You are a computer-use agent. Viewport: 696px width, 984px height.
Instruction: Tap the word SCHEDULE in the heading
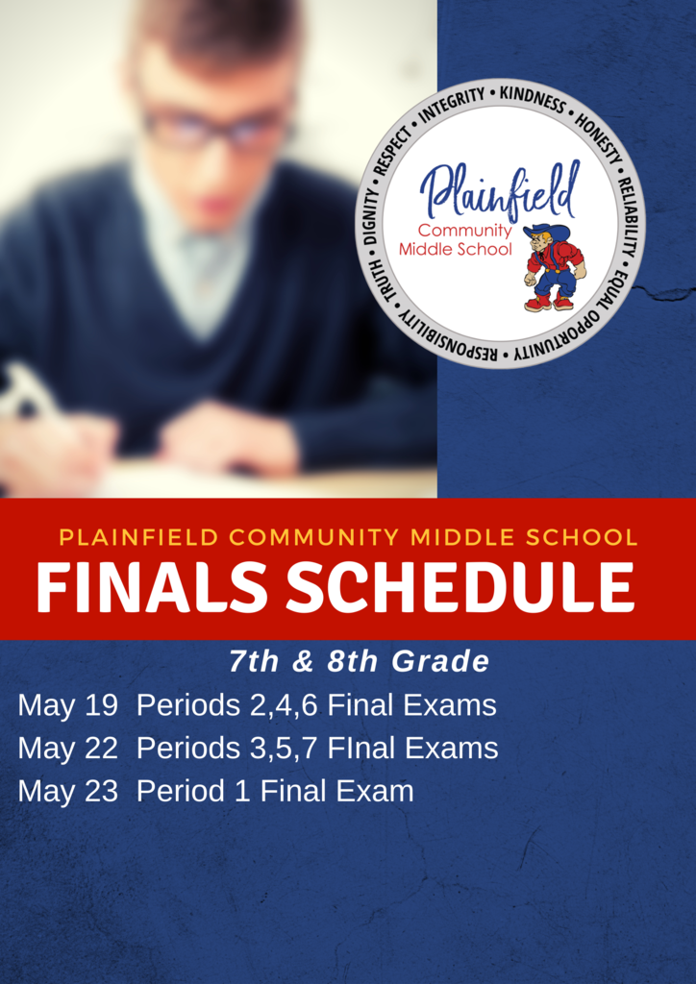coord(460,587)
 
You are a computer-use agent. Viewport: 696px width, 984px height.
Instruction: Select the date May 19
coord(68,706)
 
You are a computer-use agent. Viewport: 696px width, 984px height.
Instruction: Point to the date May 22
coord(68,749)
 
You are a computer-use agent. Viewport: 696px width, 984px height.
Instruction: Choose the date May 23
coord(68,791)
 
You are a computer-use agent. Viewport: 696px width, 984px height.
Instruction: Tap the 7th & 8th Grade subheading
coord(359,662)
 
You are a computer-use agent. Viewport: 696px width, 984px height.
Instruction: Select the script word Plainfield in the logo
coord(499,189)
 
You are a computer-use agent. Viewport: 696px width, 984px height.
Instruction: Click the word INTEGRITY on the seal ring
coord(452,105)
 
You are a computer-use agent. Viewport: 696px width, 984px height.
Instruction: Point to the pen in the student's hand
coord(28,392)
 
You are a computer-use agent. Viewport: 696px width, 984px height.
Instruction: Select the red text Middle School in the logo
coord(456,250)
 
